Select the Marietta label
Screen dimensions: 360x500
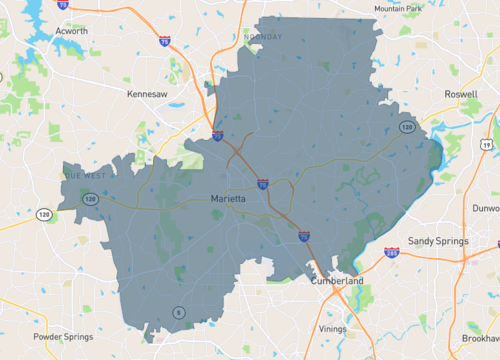click(x=234, y=198)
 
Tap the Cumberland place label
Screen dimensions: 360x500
click(x=336, y=282)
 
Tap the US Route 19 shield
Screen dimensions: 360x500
click(x=486, y=146)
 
